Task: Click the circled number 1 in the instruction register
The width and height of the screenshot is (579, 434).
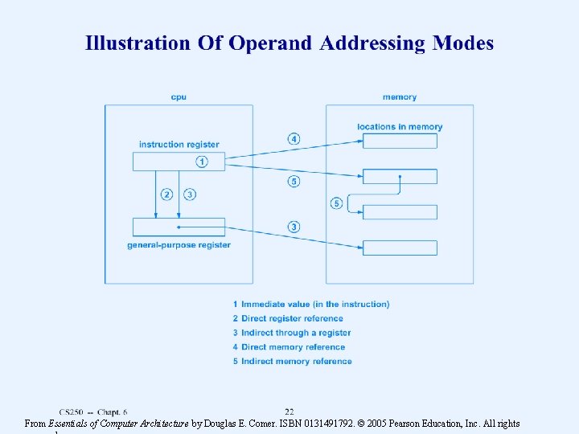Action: coord(201,162)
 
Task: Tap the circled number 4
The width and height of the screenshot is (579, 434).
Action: coord(294,139)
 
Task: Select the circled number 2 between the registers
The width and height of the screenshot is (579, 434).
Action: coord(166,194)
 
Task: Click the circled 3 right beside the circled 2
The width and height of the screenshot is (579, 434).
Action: coord(190,194)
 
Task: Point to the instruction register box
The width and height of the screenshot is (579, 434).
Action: coord(179,162)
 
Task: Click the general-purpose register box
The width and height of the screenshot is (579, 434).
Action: coord(179,227)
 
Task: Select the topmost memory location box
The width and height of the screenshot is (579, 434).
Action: coord(400,141)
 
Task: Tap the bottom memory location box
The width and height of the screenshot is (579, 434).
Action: coord(400,248)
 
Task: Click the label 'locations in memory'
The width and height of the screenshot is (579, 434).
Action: coord(400,126)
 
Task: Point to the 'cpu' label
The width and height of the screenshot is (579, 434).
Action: coord(179,97)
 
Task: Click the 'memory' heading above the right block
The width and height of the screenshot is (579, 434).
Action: coord(400,97)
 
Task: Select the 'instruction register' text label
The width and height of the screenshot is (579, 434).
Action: coord(179,145)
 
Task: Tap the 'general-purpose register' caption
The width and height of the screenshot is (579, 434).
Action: coord(179,244)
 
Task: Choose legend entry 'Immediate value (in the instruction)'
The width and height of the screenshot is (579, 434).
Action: coord(299,304)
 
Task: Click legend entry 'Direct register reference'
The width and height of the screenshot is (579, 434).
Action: coord(288,318)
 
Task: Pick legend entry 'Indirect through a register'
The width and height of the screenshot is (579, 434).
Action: coord(292,333)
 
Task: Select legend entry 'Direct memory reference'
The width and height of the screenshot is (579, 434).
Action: coord(289,347)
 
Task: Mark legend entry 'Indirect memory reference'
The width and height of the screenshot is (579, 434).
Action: coord(292,362)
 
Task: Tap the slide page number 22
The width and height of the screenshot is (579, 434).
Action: coord(289,411)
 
